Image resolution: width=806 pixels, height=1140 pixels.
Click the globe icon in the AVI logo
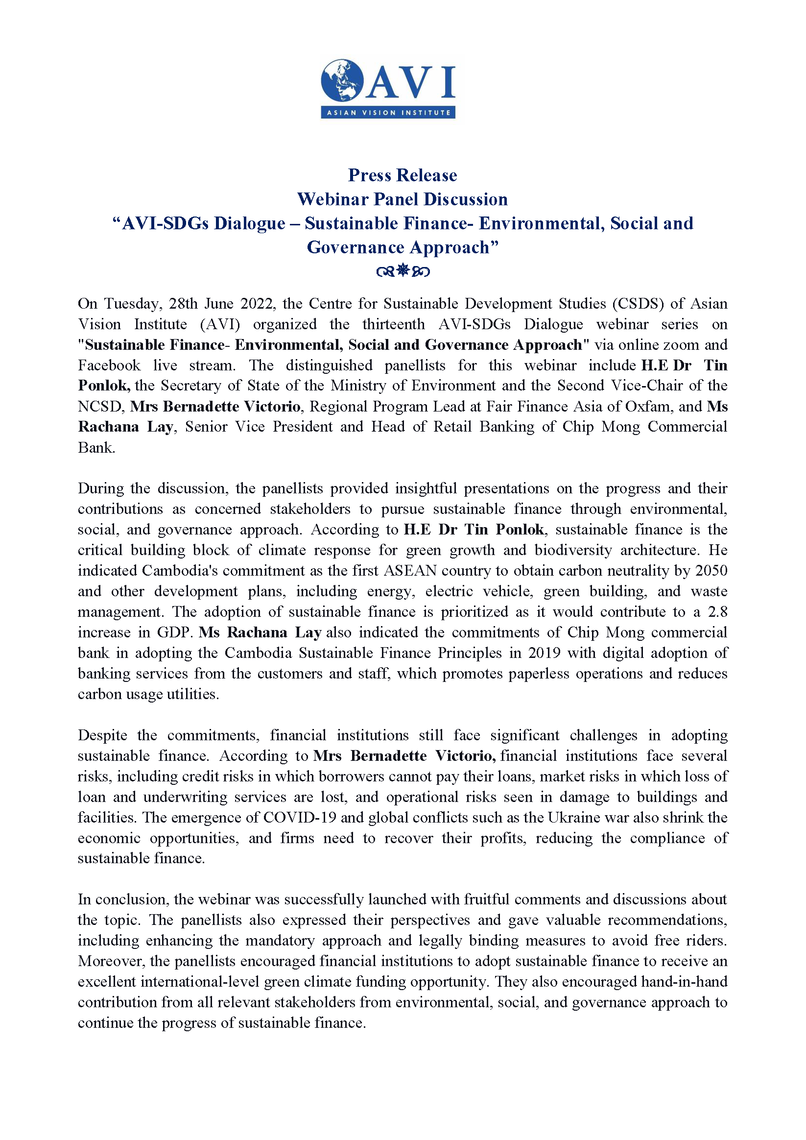[x=342, y=80]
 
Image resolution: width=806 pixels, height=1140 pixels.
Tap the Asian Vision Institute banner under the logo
[x=388, y=113]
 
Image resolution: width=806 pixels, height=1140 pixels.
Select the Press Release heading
[x=403, y=175]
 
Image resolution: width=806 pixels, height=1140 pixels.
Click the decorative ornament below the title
[x=403, y=271]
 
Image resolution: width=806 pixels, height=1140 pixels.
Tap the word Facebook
[x=109, y=365]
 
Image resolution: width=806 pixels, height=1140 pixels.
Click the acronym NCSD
[x=100, y=407]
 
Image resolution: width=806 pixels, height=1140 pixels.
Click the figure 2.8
[x=718, y=612]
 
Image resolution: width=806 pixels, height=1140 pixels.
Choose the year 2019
[x=545, y=653]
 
